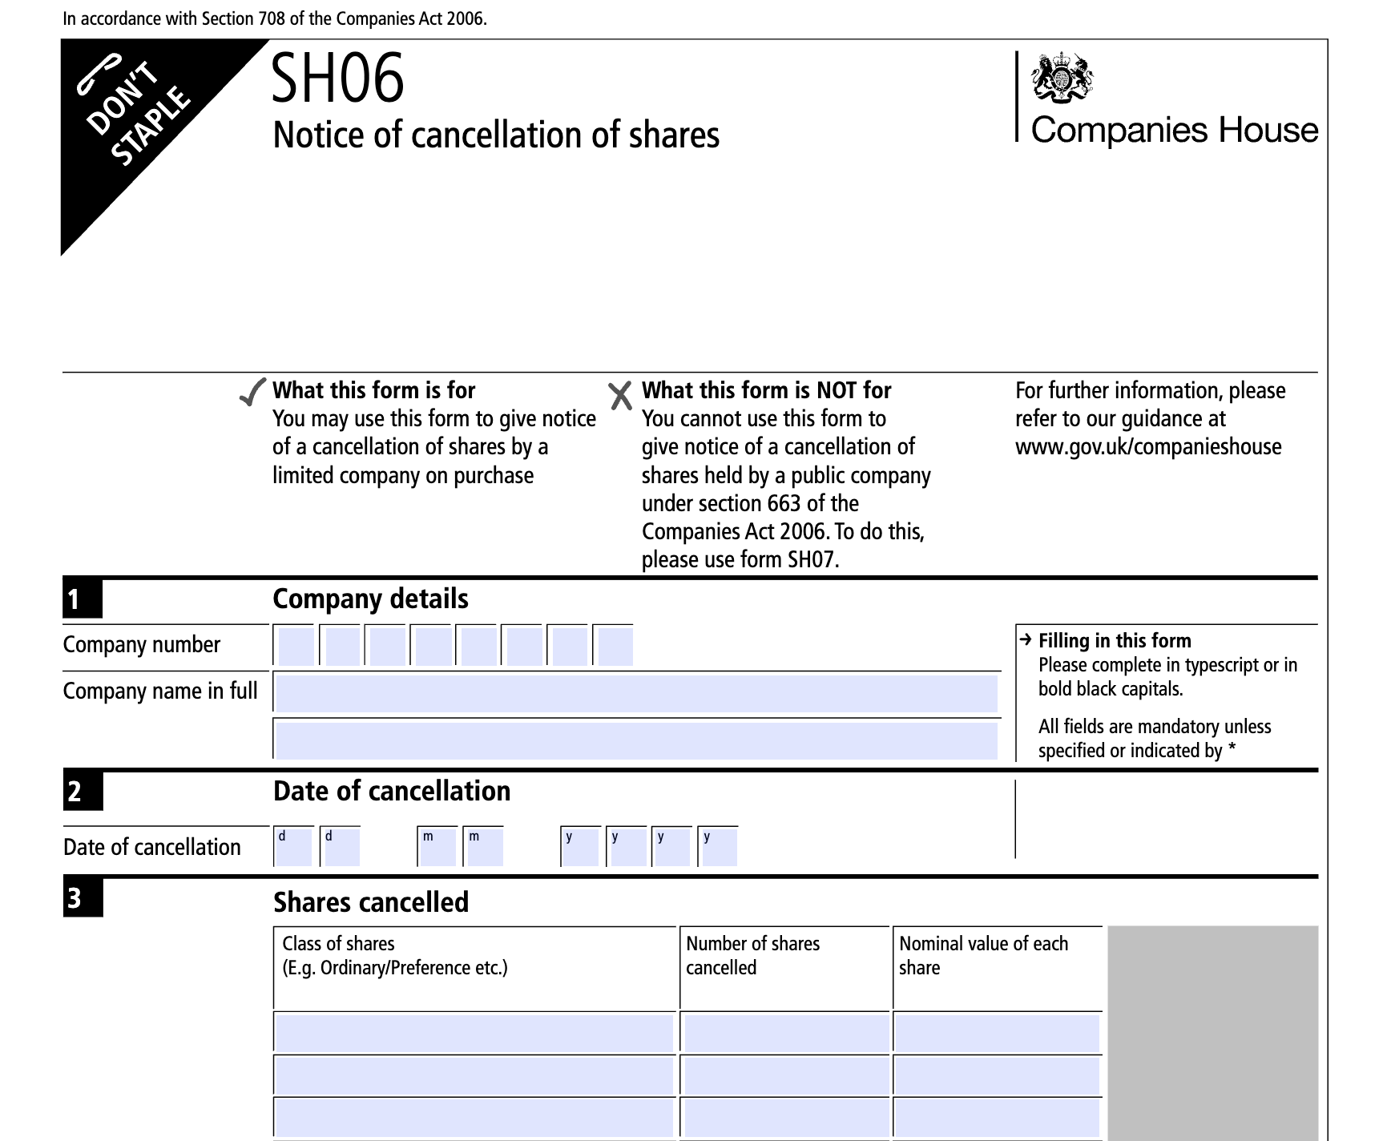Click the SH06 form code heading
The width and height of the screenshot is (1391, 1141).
click(337, 79)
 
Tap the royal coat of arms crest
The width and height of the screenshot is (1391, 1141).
click(1062, 78)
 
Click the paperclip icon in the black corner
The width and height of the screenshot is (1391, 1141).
click(98, 73)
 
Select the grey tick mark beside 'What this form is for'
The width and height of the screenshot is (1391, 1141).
click(252, 392)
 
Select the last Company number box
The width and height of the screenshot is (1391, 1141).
click(615, 646)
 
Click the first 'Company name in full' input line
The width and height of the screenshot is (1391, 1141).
click(636, 693)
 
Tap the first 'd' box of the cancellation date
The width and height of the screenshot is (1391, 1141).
click(294, 847)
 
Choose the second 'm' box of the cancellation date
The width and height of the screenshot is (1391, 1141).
click(485, 847)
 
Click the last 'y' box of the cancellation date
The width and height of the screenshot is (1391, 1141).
click(719, 847)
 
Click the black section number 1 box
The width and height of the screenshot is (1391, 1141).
click(83, 599)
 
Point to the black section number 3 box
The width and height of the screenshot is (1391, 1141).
click(83, 898)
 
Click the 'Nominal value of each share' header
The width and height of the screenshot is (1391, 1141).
click(983, 955)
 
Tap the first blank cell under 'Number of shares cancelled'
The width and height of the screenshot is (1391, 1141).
click(785, 1032)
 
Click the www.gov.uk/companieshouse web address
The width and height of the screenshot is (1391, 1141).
click(1148, 447)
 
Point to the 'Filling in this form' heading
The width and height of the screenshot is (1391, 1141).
click(1114, 641)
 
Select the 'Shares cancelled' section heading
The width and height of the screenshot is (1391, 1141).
click(371, 902)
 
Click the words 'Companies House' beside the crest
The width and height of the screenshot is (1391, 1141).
click(1174, 130)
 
